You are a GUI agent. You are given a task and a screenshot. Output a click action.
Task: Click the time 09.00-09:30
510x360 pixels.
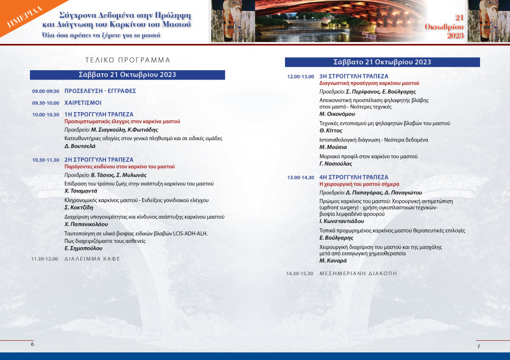coord(45,91)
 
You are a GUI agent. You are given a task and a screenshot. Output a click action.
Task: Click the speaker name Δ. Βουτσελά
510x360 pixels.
coord(80,147)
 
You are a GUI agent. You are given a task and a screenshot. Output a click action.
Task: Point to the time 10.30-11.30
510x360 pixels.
coord(45,160)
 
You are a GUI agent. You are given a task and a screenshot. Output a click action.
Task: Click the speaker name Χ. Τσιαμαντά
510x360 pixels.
coord(81,191)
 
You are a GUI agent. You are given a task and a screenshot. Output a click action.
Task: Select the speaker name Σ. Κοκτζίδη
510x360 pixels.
coord(79,208)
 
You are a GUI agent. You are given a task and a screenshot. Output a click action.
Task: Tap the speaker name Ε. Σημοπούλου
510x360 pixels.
coord(82,248)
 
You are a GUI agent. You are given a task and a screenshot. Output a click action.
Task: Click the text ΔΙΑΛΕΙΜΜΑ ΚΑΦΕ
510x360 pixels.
coord(92,259)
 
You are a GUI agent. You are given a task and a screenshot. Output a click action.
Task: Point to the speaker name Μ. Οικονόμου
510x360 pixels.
coord(338,114)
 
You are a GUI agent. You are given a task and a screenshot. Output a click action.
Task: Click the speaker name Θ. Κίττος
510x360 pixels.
coord(331,131)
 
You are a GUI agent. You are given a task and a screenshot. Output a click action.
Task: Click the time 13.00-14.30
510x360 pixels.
coord(300,177)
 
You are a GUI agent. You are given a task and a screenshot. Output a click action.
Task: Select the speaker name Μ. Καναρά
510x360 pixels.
coord(333,261)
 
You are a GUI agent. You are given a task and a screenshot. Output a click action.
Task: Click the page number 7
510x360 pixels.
coord(478,346)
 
